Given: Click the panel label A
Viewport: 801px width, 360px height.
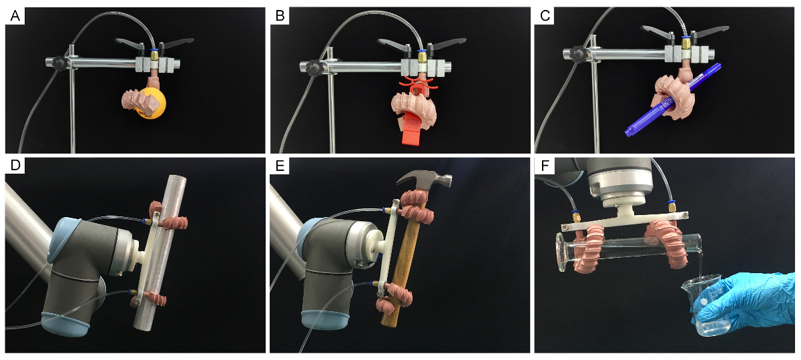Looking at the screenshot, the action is point(15,16).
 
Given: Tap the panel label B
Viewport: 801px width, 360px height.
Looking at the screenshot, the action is point(280,16).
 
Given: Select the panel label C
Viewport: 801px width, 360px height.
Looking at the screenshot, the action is point(545,16).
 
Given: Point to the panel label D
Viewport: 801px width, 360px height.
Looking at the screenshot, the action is point(15,166).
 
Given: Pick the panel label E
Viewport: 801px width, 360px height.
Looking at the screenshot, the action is point(280,166).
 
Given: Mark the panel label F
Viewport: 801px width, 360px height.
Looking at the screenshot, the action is point(545,166).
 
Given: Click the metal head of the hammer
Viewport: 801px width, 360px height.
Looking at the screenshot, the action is point(426,180).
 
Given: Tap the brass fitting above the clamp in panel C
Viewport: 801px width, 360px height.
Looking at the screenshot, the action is point(686,44).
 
